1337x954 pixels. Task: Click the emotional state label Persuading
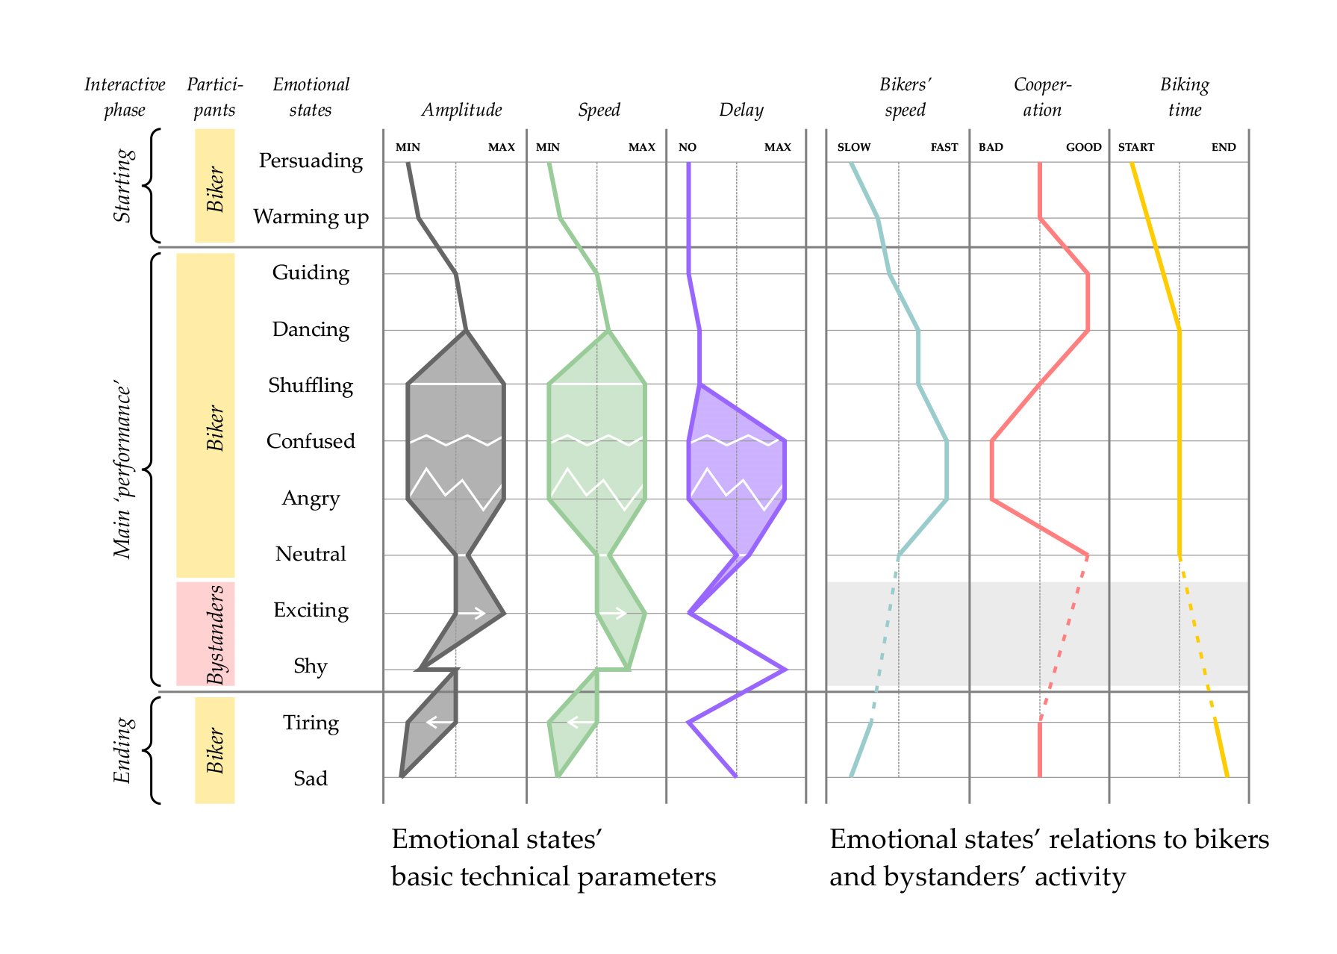pos(311,161)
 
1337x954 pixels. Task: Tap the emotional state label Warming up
pos(311,217)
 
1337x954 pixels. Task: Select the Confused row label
pos(311,441)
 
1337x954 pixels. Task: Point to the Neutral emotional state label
pos(311,554)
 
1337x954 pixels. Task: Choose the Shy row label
pos(311,666)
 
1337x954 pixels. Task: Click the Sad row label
pos(311,779)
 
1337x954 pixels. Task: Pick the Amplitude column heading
pos(461,110)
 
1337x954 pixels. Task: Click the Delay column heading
pos(741,110)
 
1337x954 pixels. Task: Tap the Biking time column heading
pos(1185,97)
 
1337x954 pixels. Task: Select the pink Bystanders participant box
pos(205,634)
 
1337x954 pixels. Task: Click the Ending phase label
pos(123,750)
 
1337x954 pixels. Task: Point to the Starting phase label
pos(123,185)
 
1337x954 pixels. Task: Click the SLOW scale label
pos(854,147)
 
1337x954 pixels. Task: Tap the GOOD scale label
pos(1083,147)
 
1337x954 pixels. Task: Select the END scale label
pos(1224,147)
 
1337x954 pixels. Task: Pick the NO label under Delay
pos(688,147)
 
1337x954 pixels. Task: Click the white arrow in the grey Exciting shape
pos(471,614)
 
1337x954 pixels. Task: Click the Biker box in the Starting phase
pos(215,186)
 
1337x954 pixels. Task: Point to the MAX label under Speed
pos(642,147)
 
